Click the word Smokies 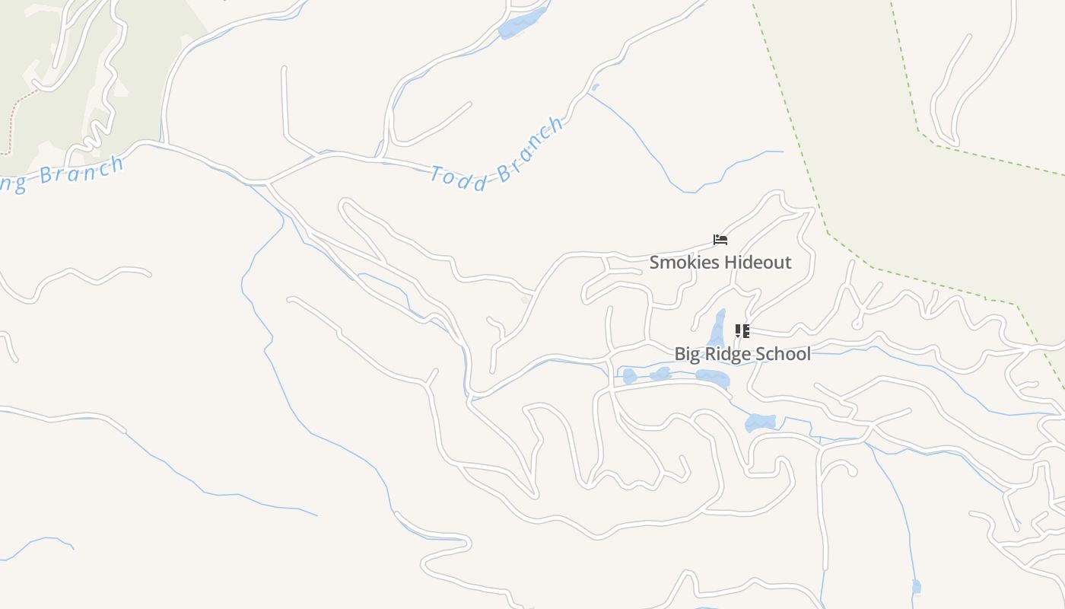(x=682, y=263)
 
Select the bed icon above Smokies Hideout (x=720, y=240)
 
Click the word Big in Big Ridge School (x=687, y=354)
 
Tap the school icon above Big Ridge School (x=742, y=331)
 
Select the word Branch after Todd (x=531, y=149)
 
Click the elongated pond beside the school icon (x=717, y=328)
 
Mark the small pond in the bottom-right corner (x=916, y=586)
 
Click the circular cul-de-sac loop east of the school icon (x=857, y=324)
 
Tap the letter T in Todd (x=438, y=174)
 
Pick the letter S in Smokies (x=655, y=263)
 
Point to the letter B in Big (x=680, y=354)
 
